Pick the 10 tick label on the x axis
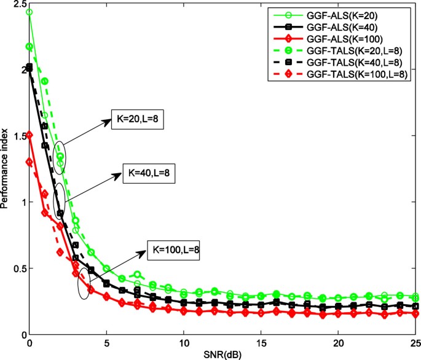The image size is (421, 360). click(x=183, y=343)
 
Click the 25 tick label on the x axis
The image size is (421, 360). click(x=414, y=343)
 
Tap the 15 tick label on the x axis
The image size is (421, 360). click(x=261, y=343)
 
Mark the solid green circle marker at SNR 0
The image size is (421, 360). click(x=30, y=12)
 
